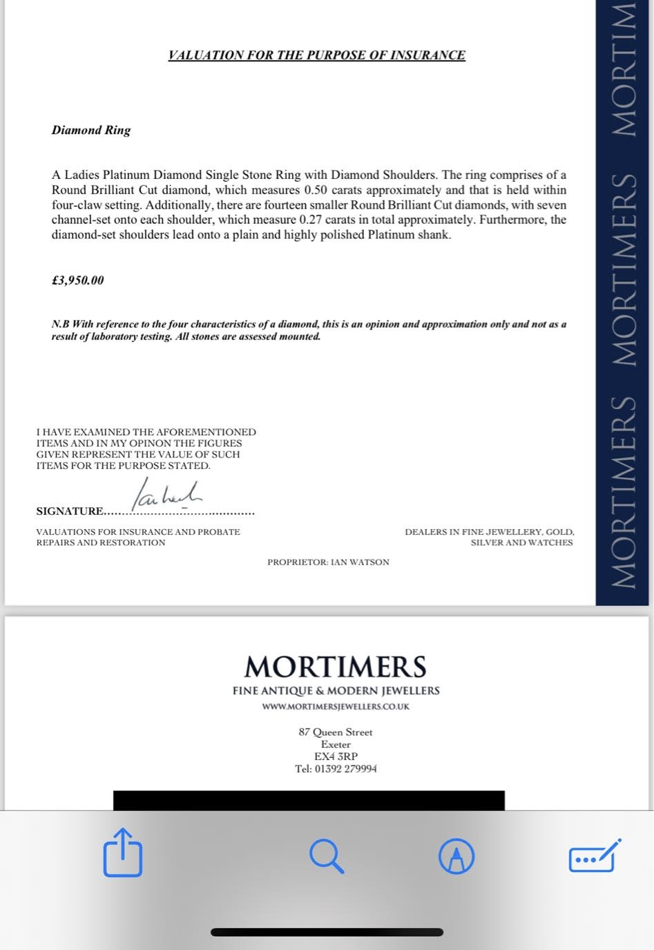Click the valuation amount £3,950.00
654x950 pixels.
point(77,281)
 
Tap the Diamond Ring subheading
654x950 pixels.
point(90,130)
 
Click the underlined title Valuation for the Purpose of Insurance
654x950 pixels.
point(316,55)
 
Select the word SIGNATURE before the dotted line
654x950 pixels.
point(69,511)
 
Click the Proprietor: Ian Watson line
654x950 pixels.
point(328,562)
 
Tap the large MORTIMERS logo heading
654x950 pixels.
point(336,667)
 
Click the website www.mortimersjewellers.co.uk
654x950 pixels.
point(336,707)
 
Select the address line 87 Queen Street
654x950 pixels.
point(336,732)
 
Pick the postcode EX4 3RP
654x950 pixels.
point(336,757)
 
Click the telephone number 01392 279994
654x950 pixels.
point(345,769)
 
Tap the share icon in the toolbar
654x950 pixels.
point(123,854)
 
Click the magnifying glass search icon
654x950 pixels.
point(327,856)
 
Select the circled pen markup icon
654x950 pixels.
point(456,857)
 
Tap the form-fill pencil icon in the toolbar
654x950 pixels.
point(594,856)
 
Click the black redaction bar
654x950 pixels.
point(309,800)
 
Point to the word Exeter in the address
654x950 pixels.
point(336,745)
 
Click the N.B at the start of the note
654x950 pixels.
point(60,324)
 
